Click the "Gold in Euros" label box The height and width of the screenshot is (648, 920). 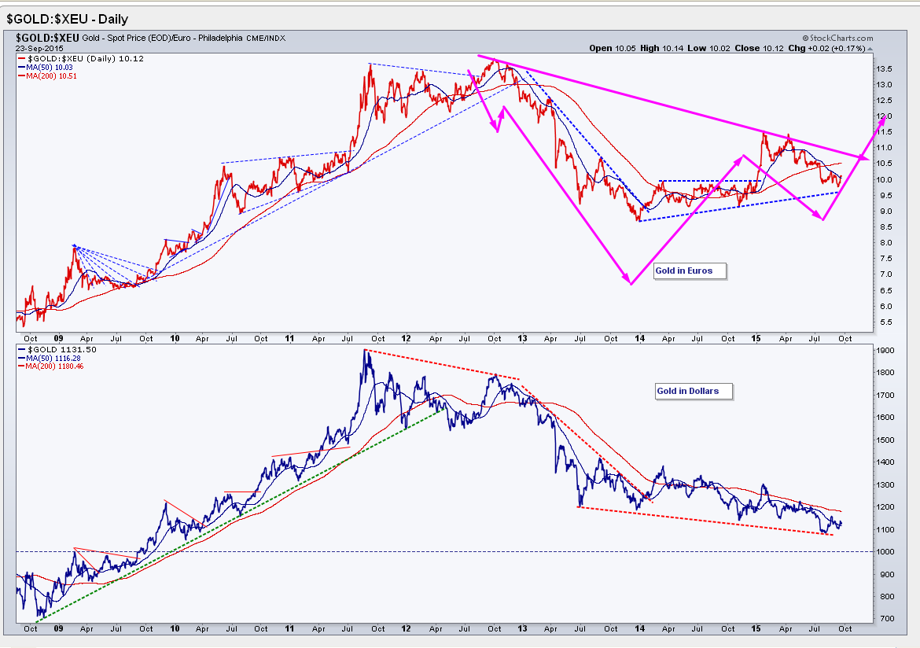(x=683, y=271)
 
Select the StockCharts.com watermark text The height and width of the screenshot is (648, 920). (x=838, y=38)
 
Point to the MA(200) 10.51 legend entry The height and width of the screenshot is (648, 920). (x=54, y=76)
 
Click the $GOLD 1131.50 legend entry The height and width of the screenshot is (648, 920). (x=54, y=348)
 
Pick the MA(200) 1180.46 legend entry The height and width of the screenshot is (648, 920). (x=57, y=366)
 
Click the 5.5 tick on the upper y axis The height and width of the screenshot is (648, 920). (x=884, y=322)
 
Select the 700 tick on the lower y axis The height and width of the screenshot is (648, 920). (x=884, y=619)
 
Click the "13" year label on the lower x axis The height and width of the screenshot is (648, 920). (x=522, y=629)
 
